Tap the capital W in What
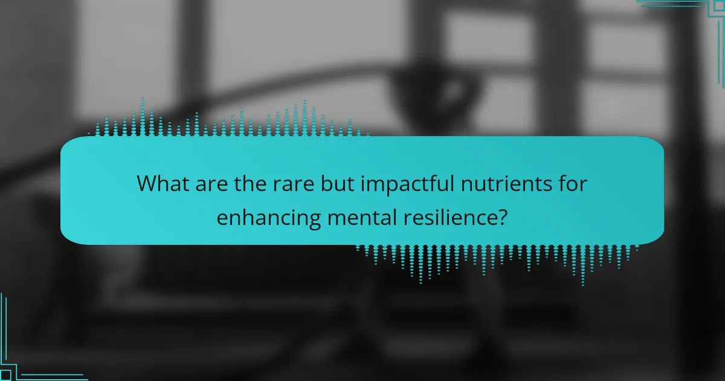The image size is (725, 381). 147,183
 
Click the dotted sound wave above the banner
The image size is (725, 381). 230,121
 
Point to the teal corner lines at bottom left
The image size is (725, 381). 24,363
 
